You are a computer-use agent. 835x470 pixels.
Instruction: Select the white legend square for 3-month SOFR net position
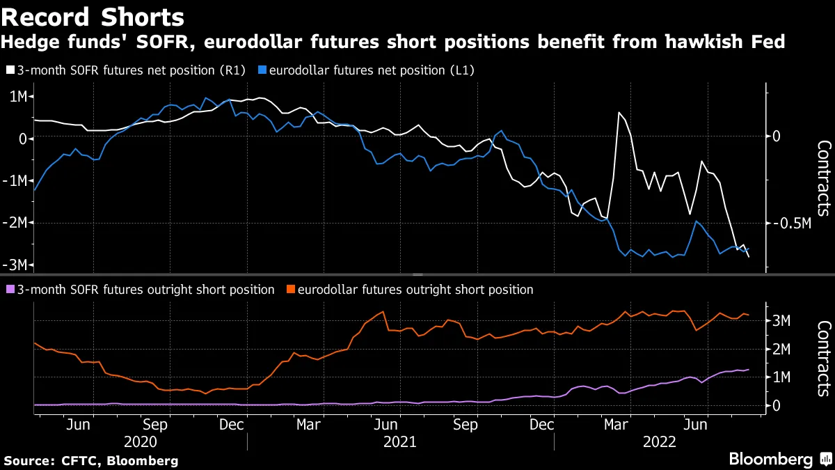pyautogui.click(x=10, y=70)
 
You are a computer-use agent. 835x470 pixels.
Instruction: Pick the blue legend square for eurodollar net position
pyautogui.click(x=261, y=70)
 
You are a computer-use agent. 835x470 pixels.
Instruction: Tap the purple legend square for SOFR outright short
pyautogui.click(x=10, y=290)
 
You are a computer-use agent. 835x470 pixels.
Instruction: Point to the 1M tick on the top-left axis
pyautogui.click(x=17, y=96)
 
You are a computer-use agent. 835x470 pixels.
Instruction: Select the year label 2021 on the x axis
pyautogui.click(x=400, y=442)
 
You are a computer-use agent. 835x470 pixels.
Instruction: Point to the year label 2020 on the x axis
pyautogui.click(x=140, y=442)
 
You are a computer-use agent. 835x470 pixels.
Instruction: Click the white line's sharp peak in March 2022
pyautogui.click(x=619, y=112)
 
